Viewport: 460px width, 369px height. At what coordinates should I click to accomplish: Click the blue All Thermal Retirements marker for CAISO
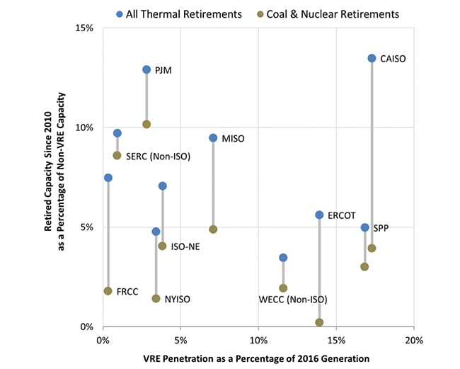tap(372, 58)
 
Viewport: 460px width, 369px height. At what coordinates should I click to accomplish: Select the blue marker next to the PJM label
tap(146, 69)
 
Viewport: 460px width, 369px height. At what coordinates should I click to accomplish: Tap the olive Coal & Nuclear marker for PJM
tap(146, 124)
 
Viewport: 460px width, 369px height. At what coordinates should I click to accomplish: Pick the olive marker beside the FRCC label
tap(108, 291)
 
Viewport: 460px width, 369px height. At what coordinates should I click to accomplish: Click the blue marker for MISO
tap(213, 137)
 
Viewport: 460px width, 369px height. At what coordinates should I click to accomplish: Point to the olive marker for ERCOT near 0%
tap(319, 322)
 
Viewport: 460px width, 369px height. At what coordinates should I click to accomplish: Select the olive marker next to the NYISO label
tap(156, 298)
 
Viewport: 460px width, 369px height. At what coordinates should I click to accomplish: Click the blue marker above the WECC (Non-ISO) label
tap(283, 258)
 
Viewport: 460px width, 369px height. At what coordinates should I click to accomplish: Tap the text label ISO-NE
tap(185, 246)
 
